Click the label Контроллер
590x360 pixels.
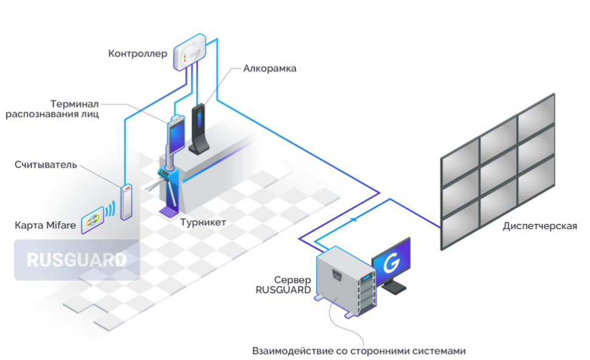(137, 54)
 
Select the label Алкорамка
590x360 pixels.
(270, 68)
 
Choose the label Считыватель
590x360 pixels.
(45, 164)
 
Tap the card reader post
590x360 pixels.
(126, 201)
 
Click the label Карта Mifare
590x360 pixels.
(45, 225)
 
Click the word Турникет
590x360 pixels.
(203, 222)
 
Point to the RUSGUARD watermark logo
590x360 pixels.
(76, 260)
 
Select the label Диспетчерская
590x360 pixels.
(540, 226)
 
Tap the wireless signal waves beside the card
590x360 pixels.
(110, 210)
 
